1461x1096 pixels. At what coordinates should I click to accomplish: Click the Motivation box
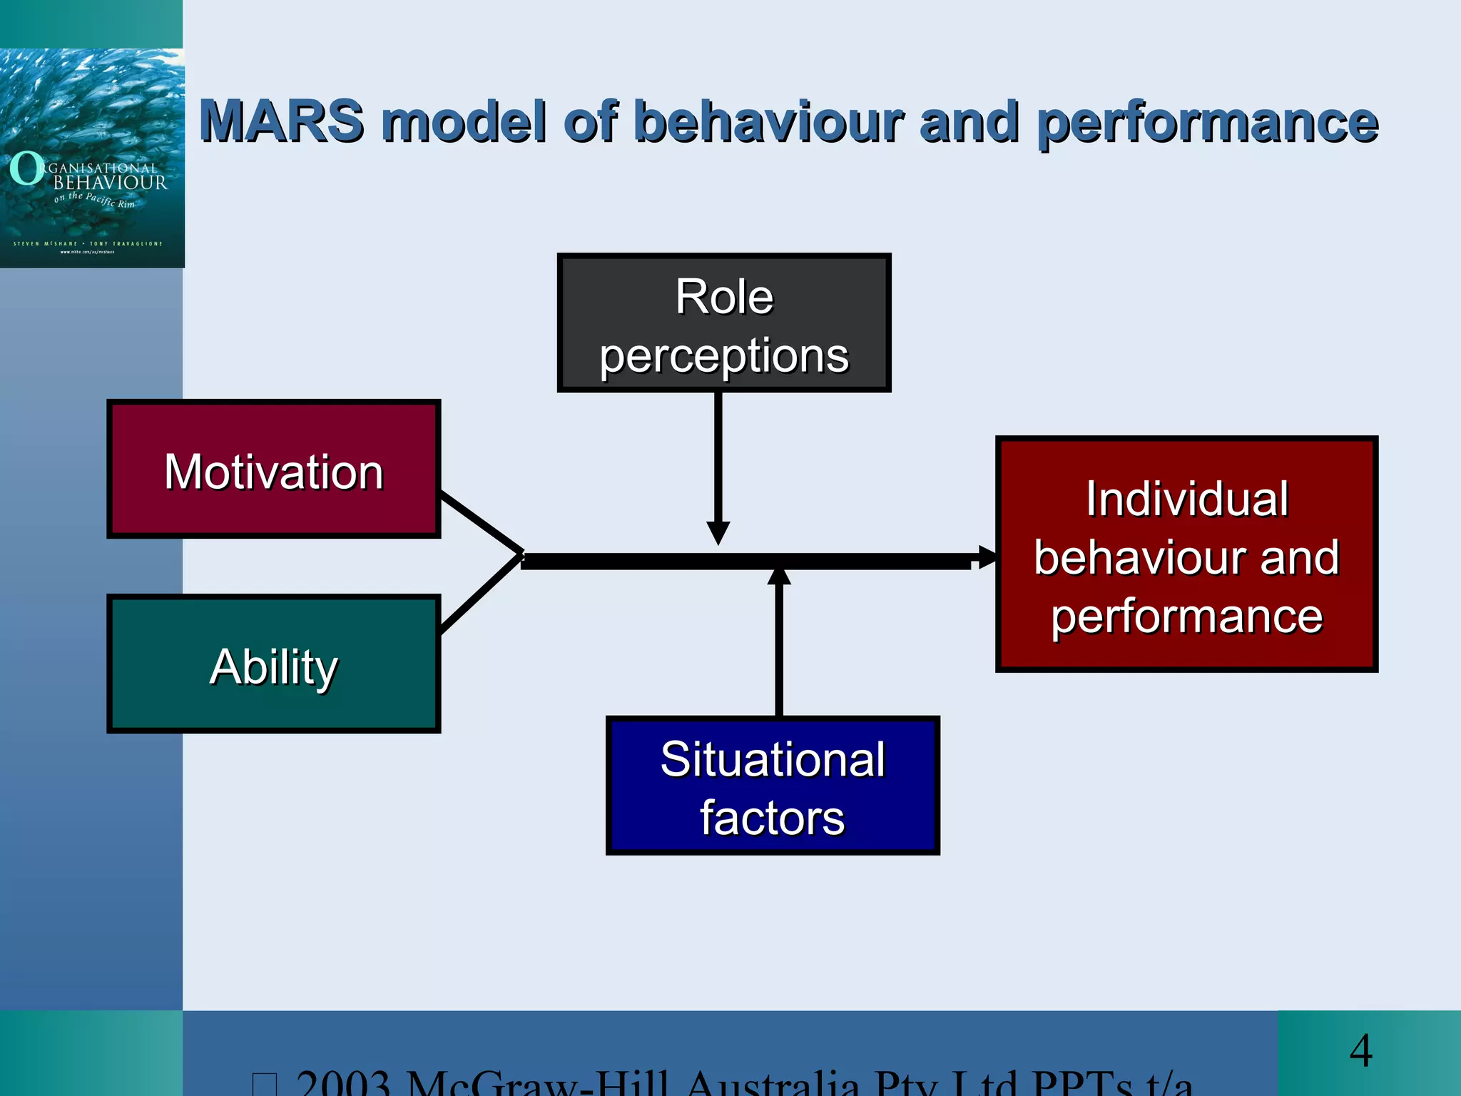pos(274,470)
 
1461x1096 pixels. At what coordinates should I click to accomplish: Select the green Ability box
pos(274,664)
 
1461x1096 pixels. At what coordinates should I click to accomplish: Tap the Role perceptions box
pos(724,323)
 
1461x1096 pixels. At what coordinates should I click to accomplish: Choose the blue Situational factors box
pos(773,786)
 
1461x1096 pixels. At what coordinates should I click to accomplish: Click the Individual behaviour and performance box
pos(1186,554)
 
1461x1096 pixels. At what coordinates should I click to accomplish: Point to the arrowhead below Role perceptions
pos(718,532)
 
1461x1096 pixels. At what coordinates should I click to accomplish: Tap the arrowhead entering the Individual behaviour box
pos(987,557)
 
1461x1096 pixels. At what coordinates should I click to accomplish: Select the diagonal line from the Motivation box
pos(482,522)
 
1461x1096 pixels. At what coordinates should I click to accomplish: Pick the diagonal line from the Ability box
pos(482,594)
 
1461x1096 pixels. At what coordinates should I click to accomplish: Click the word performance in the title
pos(1207,123)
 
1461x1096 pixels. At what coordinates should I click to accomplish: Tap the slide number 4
pos(1361,1051)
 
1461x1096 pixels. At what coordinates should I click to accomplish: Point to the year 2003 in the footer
pos(344,1083)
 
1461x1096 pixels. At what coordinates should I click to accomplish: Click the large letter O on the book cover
pos(27,169)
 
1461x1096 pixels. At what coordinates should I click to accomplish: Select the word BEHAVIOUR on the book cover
pos(111,183)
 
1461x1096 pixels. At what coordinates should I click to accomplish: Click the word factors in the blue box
pos(772,818)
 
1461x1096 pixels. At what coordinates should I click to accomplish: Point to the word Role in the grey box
pos(724,297)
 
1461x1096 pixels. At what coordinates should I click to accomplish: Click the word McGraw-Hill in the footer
pos(539,1083)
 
